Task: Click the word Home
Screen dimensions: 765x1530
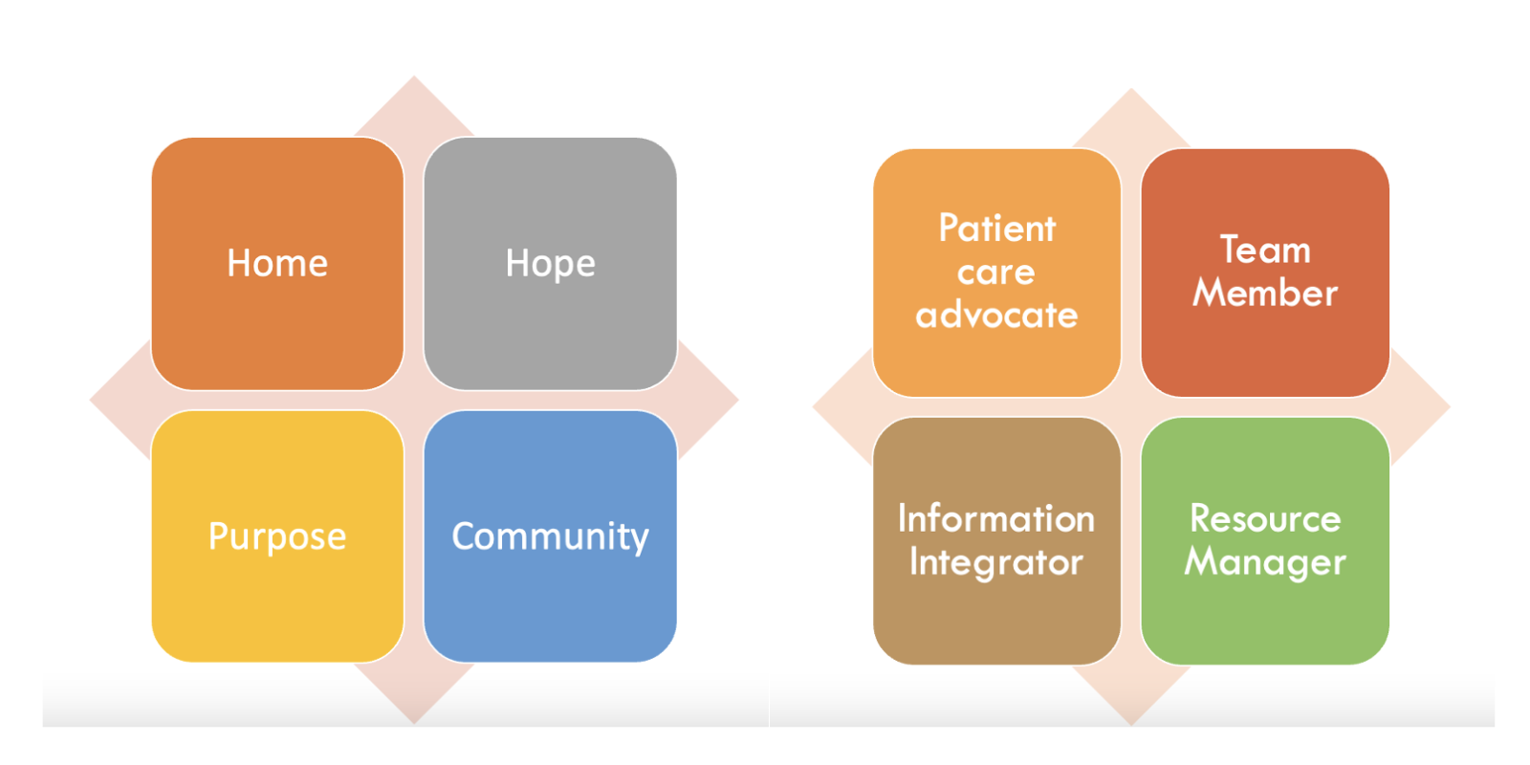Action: click(x=277, y=263)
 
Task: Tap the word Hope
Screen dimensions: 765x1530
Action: click(x=550, y=263)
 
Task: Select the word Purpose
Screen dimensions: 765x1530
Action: click(x=277, y=536)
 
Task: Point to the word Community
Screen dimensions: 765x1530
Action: click(x=550, y=536)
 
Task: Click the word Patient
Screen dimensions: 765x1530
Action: click(x=996, y=229)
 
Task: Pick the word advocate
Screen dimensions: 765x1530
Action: click(x=996, y=315)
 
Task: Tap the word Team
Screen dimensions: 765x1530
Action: click(x=1265, y=250)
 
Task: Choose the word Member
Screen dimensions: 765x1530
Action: click(x=1265, y=293)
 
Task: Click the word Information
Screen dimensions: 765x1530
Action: click(x=996, y=518)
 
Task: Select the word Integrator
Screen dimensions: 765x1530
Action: click(x=996, y=562)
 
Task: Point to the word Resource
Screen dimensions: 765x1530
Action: click(x=1265, y=518)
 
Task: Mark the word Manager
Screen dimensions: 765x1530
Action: click(x=1265, y=562)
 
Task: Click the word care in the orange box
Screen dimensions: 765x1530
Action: click(x=996, y=273)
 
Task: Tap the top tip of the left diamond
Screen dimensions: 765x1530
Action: click(x=414, y=77)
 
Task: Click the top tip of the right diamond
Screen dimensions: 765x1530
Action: click(x=1131, y=90)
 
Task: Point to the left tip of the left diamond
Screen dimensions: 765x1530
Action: click(x=92, y=400)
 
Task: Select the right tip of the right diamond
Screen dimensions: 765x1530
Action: click(x=1449, y=407)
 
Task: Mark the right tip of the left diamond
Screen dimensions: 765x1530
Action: click(x=736, y=400)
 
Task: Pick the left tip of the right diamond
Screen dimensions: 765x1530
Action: click(x=815, y=407)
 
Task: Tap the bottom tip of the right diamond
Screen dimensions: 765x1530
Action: click(x=1131, y=723)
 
